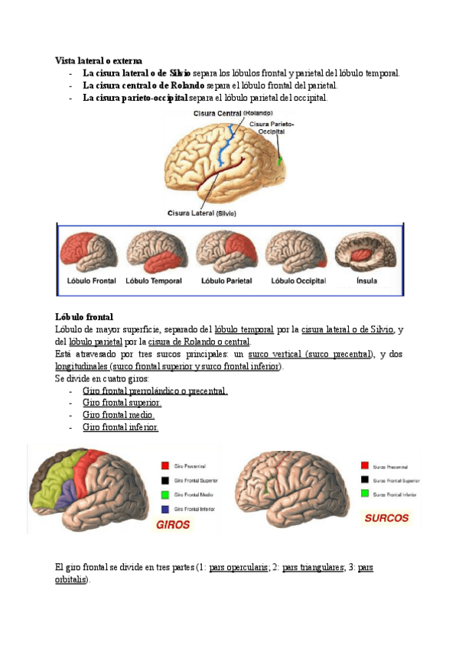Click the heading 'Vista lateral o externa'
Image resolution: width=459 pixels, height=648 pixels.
pos(99,60)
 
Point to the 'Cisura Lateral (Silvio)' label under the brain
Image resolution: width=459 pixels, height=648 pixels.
pos(203,213)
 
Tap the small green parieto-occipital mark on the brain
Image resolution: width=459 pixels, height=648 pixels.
pos(280,161)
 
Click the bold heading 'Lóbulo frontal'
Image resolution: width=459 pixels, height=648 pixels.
pos(84,316)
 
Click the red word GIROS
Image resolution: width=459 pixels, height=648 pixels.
pos(173,525)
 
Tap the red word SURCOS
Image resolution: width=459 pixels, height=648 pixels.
pos(386,517)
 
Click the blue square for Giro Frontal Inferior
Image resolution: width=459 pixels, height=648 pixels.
pos(164,508)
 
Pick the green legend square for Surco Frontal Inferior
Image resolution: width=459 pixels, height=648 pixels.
pos(365,494)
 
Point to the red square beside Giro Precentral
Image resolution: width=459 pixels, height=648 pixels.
pos(164,465)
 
